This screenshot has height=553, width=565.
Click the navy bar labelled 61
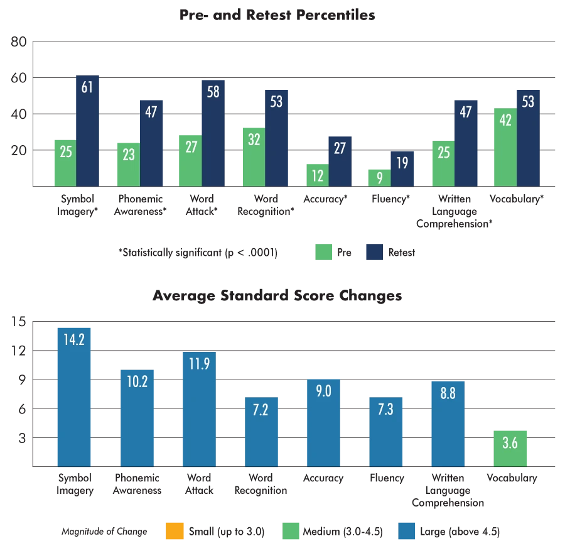(87, 132)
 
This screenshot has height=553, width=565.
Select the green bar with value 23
(128, 165)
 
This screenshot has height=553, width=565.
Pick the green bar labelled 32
(254, 157)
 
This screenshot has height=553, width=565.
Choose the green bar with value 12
(317, 175)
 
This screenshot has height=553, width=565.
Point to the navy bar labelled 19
(402, 169)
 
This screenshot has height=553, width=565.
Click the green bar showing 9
(379, 178)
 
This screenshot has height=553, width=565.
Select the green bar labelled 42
(505, 148)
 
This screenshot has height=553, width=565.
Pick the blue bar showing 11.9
(198, 408)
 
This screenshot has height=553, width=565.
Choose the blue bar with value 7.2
(261, 432)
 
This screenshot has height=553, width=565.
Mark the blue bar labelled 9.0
(323, 422)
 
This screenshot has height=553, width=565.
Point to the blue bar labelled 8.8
(448, 424)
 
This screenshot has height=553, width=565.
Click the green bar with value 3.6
(510, 447)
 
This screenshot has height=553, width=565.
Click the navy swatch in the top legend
(374, 251)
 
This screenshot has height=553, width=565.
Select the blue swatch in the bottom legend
(408, 532)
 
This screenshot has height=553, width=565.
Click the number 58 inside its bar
(213, 92)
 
